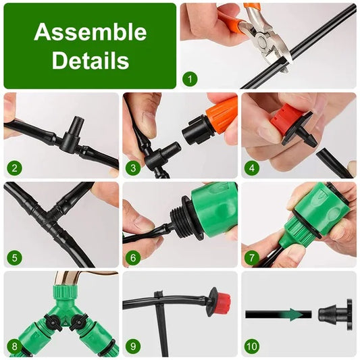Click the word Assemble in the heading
coord(90,32)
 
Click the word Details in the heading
coord(90,61)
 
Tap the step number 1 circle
coord(190,80)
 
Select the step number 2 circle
coord(14,168)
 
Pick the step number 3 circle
coord(132,168)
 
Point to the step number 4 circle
coord(251,168)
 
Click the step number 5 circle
coord(14,257)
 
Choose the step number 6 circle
coord(132,257)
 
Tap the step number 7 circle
coord(251,257)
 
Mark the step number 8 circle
coord(14,346)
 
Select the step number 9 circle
coord(132,346)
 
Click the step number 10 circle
coord(251,346)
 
